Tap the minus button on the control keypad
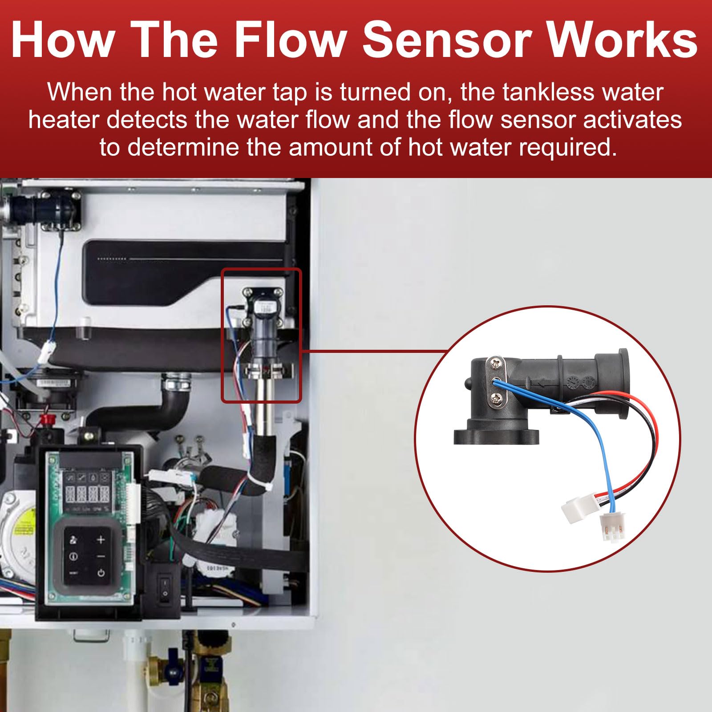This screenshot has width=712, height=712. click(101, 556)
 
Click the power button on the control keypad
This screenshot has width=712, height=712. click(101, 572)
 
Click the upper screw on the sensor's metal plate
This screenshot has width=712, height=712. click(496, 364)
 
